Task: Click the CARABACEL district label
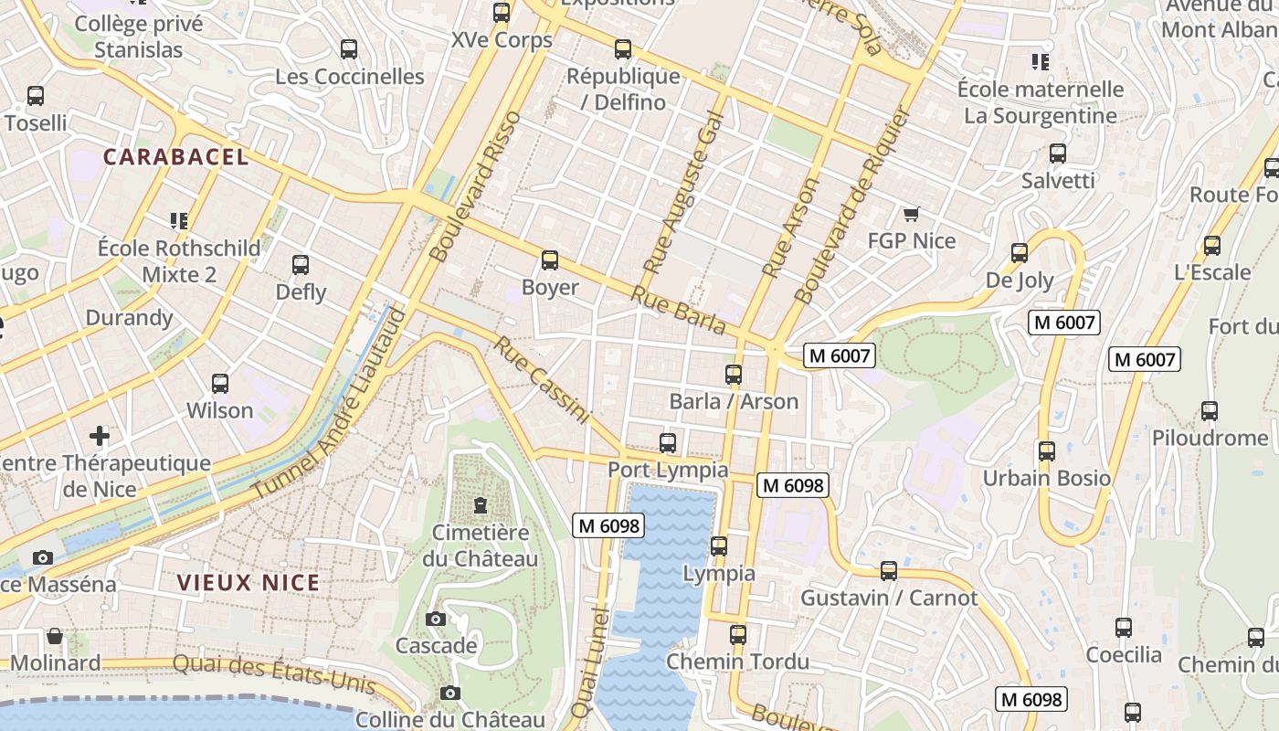175,156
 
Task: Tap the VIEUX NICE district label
248,582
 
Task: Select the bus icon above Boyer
550,260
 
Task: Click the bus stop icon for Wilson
220,384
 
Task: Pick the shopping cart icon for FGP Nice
911,215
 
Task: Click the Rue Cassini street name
542,380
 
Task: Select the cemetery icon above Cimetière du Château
480,504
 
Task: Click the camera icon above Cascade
436,619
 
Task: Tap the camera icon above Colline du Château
449,693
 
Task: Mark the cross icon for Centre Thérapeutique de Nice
100,436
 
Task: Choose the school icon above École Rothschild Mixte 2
179,220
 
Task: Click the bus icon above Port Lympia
668,443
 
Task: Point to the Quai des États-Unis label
274,674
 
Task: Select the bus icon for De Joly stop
1020,253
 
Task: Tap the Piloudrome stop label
1210,438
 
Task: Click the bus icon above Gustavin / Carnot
889,571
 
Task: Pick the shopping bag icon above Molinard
55,636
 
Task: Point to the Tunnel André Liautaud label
329,405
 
